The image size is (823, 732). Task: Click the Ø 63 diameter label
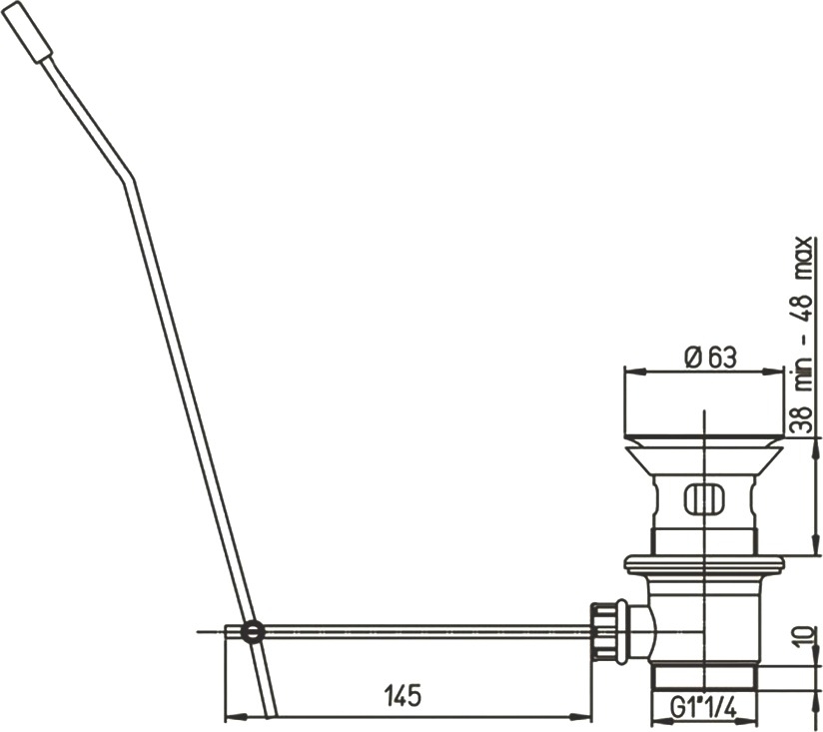click(x=711, y=358)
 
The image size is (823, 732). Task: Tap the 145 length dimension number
click(x=404, y=696)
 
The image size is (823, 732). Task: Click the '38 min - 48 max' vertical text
click(x=804, y=334)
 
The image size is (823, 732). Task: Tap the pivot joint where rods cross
click(x=253, y=631)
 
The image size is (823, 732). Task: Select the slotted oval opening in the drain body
click(x=704, y=498)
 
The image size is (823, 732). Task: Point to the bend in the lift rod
click(x=129, y=179)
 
